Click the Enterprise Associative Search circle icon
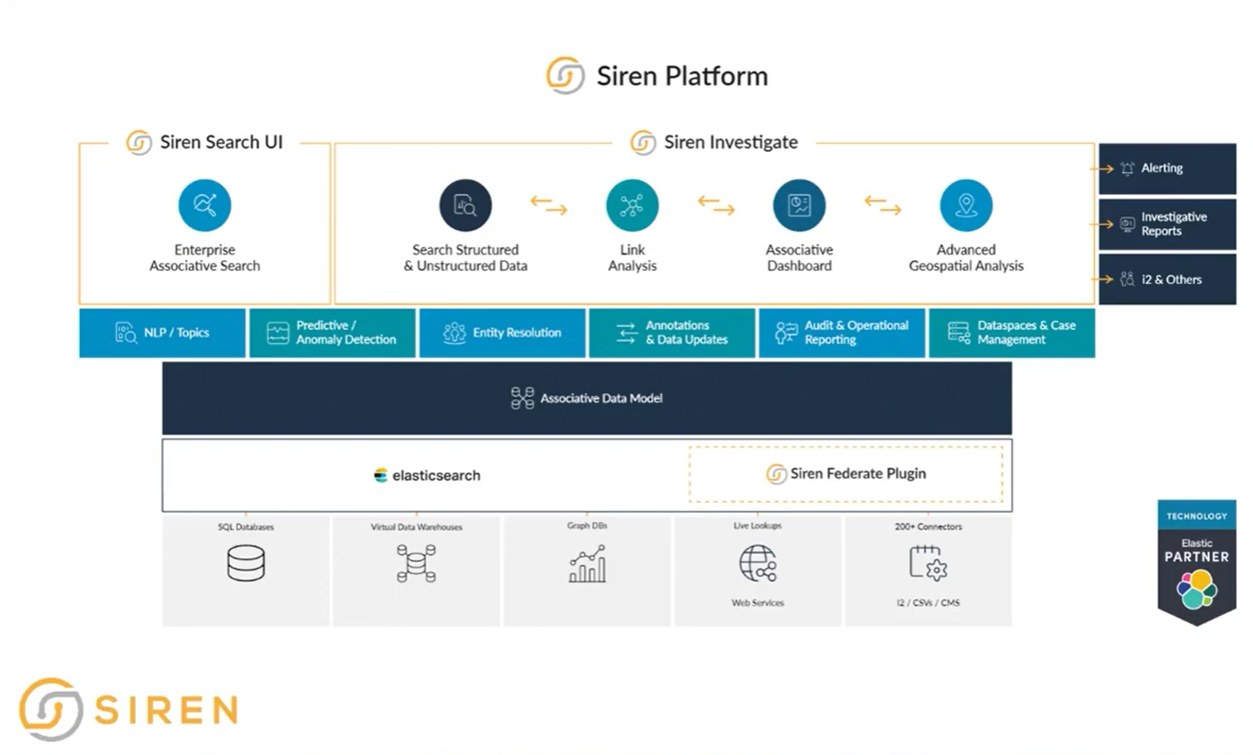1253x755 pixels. [x=205, y=205]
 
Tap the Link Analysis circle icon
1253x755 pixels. [x=631, y=205]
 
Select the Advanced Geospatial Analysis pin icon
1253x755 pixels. [x=966, y=205]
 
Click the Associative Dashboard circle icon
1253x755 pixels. [x=798, y=205]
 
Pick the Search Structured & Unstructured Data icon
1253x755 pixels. [x=465, y=205]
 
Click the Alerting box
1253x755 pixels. [x=1167, y=168]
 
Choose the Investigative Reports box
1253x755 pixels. [x=1167, y=224]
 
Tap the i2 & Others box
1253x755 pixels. [x=1167, y=279]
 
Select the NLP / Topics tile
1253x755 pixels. [x=162, y=332]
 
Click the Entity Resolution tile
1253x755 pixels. [x=502, y=332]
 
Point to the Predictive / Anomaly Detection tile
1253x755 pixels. [x=332, y=332]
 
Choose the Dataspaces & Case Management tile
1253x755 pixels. [x=1011, y=332]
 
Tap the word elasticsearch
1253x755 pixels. [x=436, y=475]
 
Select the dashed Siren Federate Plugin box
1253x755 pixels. [x=846, y=473]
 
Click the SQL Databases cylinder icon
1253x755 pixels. [x=246, y=563]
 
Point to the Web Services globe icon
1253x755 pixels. [x=758, y=563]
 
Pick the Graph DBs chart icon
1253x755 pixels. [x=587, y=563]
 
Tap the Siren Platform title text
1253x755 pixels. [x=681, y=76]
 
